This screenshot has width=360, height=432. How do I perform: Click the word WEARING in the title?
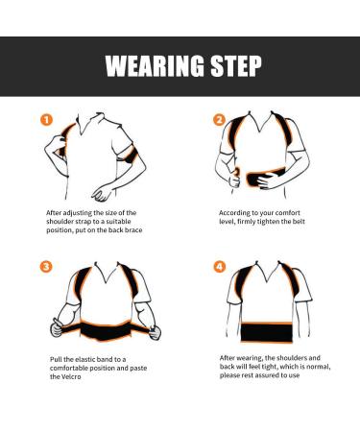tap(152, 67)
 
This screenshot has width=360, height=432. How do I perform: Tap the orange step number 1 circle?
tap(46, 120)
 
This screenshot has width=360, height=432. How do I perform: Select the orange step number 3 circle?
tap(46, 266)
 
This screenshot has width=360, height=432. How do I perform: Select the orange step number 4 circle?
tap(218, 266)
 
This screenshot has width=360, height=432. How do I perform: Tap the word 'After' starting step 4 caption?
tap(228, 357)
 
